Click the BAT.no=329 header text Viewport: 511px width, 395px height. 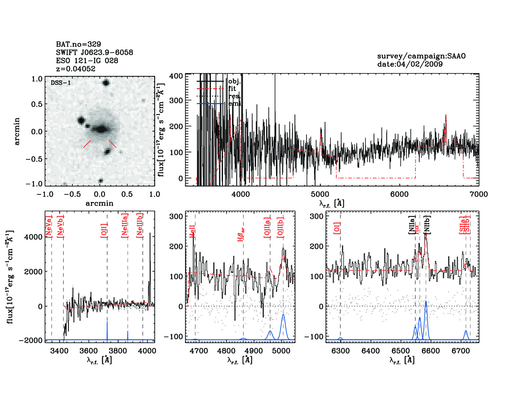click(x=78, y=44)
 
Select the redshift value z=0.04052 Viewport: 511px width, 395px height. click(x=76, y=69)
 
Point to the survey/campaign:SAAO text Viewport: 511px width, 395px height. click(x=421, y=56)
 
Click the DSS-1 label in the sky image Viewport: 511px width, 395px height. click(x=61, y=83)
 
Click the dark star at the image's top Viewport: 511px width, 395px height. click(x=106, y=83)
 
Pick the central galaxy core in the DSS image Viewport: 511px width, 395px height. click(x=101, y=129)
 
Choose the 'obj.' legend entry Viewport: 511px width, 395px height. click(x=234, y=81)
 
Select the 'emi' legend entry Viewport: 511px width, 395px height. click(x=234, y=103)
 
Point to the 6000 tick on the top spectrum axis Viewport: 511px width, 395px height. click(x=399, y=194)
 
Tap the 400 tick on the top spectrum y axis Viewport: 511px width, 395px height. click(x=176, y=76)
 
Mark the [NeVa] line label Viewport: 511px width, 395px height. click(x=49, y=227)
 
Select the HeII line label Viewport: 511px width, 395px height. click(x=192, y=231)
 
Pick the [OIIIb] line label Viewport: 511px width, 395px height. click(x=280, y=228)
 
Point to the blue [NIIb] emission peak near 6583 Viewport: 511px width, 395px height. click(x=426, y=301)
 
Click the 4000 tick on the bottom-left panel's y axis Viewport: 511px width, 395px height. click(x=33, y=237)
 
